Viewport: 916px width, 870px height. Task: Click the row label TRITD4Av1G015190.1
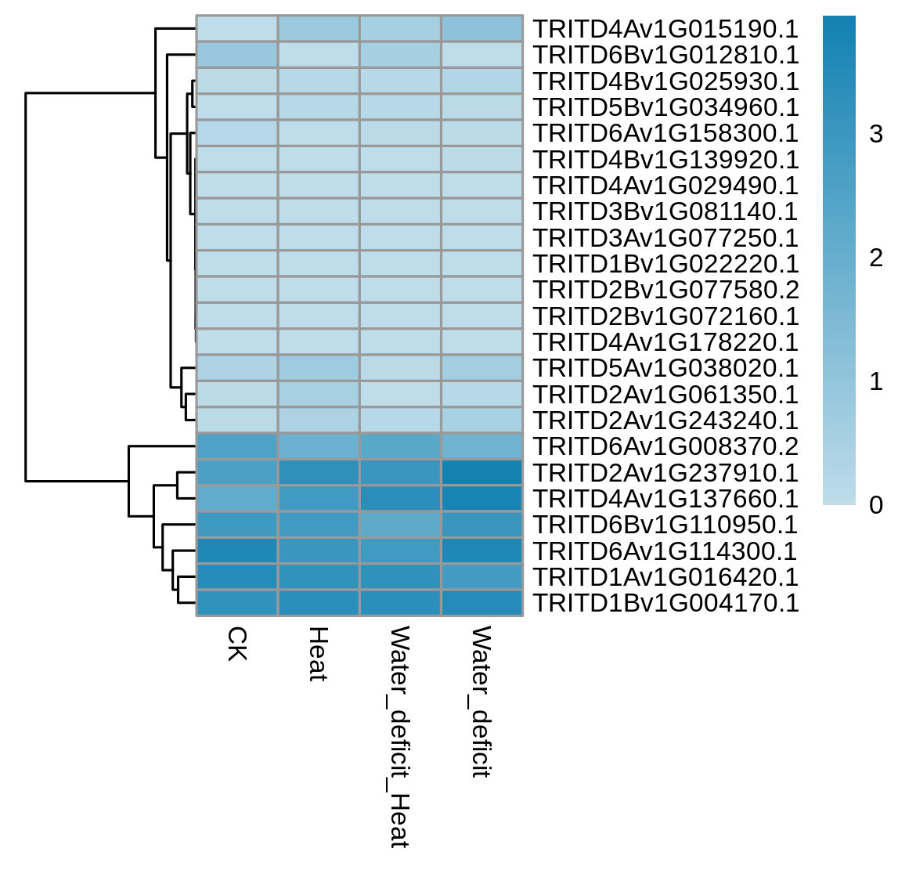(x=666, y=29)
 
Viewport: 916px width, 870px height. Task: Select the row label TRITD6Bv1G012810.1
(x=666, y=55)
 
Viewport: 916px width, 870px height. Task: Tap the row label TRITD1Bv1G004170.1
(x=666, y=603)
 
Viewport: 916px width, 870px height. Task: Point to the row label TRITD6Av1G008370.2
(x=666, y=446)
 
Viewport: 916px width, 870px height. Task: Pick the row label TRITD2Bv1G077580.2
(x=666, y=290)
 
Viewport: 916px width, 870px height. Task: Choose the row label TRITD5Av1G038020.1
(x=666, y=368)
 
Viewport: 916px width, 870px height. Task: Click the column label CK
(x=237, y=644)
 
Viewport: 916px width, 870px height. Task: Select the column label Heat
(x=319, y=654)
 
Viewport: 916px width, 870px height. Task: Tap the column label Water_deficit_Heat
(x=400, y=737)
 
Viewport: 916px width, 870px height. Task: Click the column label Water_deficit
(x=481, y=702)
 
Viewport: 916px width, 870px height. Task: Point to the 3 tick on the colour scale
(x=876, y=135)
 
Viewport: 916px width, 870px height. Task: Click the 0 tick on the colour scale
(x=876, y=505)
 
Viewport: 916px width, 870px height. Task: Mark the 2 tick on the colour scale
(x=876, y=258)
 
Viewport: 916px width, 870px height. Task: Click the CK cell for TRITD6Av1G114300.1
(x=237, y=551)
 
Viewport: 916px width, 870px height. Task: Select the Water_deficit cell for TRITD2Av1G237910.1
(x=482, y=472)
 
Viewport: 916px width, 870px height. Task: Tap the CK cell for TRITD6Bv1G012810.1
(x=237, y=54)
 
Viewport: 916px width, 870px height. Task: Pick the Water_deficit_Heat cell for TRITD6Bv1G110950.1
(x=400, y=524)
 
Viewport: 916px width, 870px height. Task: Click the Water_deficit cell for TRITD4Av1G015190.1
(x=482, y=29)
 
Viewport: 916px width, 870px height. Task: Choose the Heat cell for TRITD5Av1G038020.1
(x=319, y=367)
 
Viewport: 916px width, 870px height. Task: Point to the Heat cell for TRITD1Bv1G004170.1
(x=319, y=602)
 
